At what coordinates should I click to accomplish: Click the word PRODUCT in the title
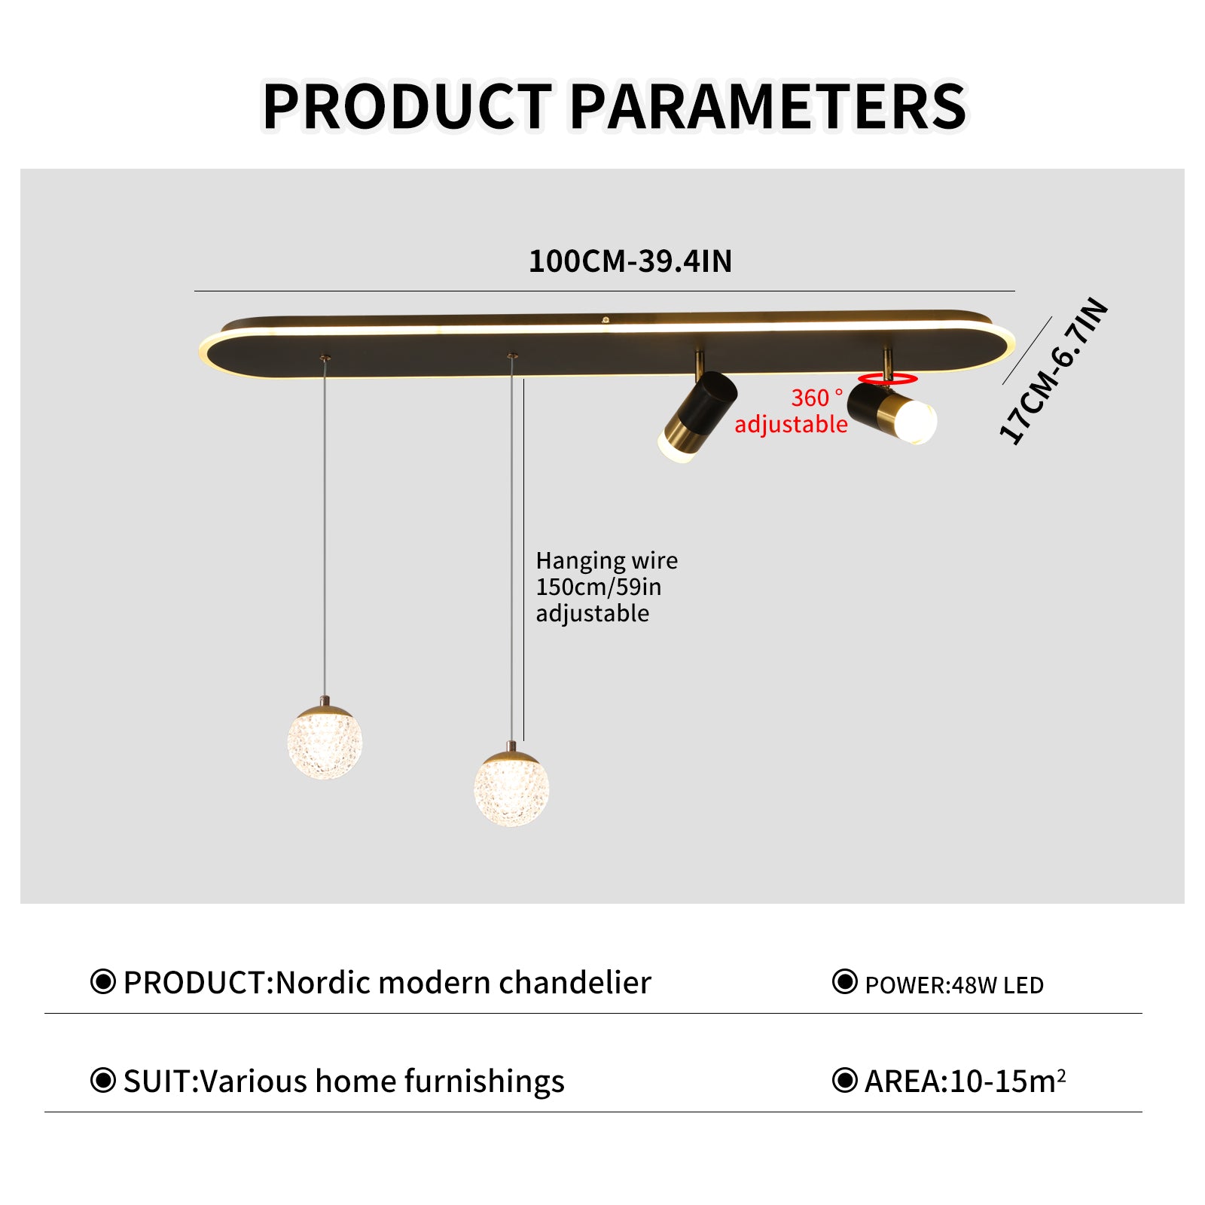[407, 107]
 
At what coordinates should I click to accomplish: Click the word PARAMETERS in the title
[768, 107]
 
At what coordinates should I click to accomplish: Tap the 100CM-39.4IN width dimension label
[630, 261]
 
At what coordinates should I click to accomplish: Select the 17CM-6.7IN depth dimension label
[1054, 371]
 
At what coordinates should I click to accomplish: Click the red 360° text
[816, 398]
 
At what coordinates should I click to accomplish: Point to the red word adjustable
[791, 425]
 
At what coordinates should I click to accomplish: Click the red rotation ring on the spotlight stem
[888, 379]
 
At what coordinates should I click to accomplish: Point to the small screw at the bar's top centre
[606, 320]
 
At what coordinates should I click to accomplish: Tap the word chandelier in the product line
[575, 983]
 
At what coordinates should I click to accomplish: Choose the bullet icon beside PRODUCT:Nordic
[103, 982]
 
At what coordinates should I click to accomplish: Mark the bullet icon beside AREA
[845, 1080]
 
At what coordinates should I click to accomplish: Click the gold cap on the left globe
[325, 711]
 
